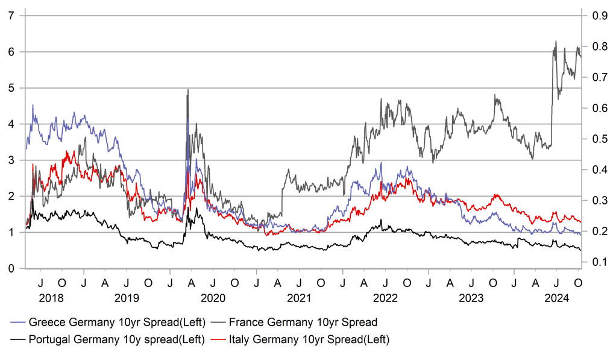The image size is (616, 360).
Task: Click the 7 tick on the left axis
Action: (11, 16)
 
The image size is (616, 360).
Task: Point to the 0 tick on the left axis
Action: (11, 268)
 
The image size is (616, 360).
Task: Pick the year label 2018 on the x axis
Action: (51, 298)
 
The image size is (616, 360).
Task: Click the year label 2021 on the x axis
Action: (299, 298)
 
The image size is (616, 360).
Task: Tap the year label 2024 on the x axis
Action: (557, 298)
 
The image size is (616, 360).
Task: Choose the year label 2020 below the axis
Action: (213, 298)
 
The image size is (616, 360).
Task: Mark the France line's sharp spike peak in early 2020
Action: (188, 90)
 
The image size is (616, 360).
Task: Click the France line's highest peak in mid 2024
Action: (556, 41)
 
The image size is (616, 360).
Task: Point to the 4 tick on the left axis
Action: (11, 124)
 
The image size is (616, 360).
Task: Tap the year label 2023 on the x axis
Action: (471, 298)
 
